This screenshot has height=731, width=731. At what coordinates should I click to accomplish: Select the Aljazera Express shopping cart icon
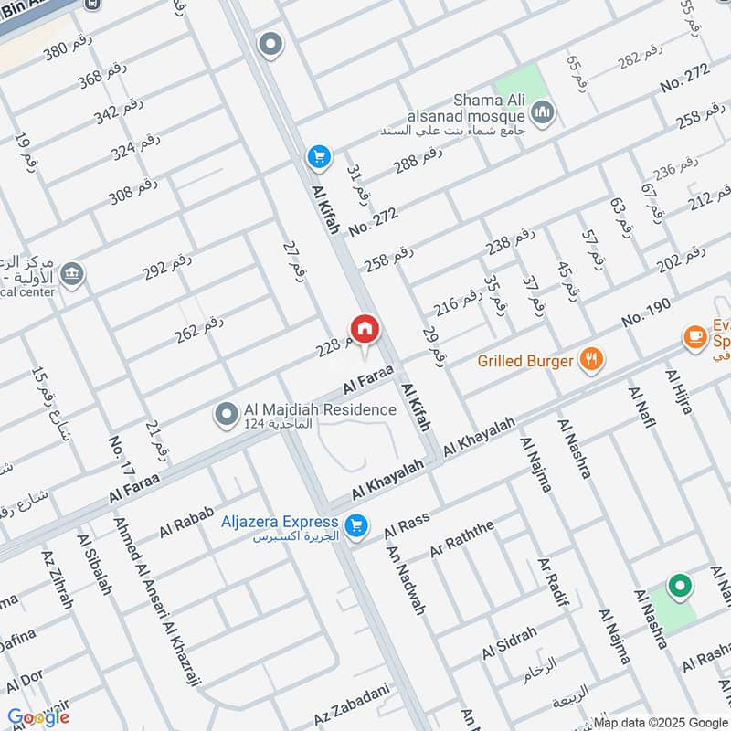[x=357, y=526]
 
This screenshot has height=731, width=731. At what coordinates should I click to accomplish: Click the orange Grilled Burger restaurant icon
[x=592, y=360]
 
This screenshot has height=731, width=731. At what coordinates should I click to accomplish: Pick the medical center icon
[x=71, y=272]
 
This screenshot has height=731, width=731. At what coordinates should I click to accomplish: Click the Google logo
[x=38, y=717]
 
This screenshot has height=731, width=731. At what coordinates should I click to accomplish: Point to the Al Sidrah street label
[x=509, y=641]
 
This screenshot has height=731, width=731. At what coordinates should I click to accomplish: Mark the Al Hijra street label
[x=680, y=393]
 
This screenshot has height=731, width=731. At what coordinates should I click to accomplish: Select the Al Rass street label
[x=407, y=525]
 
